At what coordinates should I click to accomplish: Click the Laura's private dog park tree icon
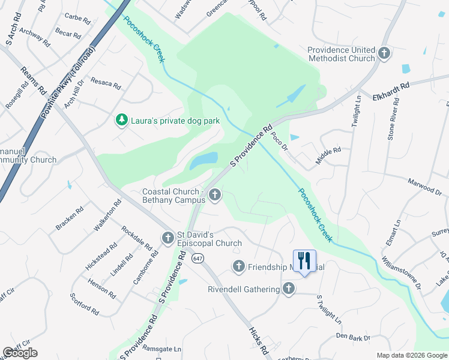pyautogui.click(x=122, y=121)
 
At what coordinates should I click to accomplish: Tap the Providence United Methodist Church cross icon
pyautogui.click(x=384, y=54)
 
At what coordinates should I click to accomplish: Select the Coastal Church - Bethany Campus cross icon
pyautogui.click(x=215, y=195)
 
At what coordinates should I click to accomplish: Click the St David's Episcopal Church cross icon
pyautogui.click(x=168, y=238)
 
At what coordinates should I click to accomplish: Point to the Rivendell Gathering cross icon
pyautogui.click(x=289, y=289)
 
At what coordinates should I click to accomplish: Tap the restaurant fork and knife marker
pyautogui.click(x=304, y=261)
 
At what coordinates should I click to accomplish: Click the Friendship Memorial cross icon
pyautogui.click(x=238, y=266)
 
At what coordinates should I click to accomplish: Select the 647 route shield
pyautogui.click(x=197, y=258)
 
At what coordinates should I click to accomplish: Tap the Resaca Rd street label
pyautogui.click(x=106, y=83)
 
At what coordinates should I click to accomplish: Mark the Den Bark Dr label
pyautogui.click(x=354, y=338)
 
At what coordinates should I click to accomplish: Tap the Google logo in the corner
pyautogui.click(x=20, y=353)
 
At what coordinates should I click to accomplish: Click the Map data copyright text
pyautogui.click(x=411, y=355)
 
